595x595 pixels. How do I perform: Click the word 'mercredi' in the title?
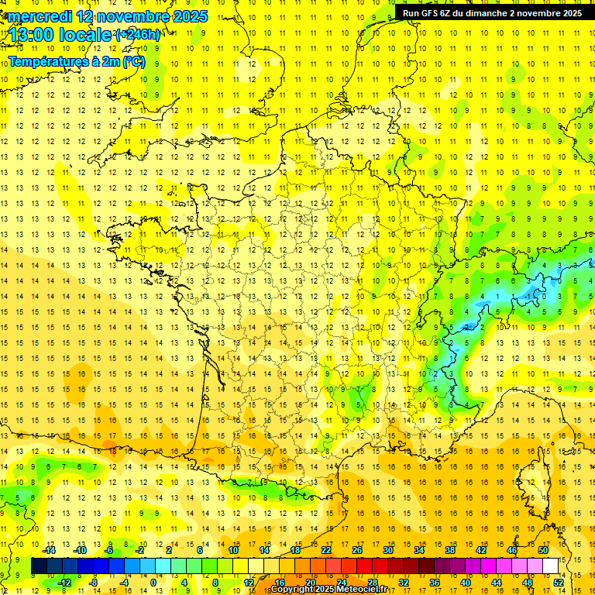point(40,16)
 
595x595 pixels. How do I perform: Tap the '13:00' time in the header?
point(31,35)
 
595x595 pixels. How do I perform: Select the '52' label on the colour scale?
point(558,582)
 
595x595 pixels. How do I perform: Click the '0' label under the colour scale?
point(153,582)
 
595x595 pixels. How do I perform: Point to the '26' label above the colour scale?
point(356,550)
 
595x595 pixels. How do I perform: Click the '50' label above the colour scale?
point(542,550)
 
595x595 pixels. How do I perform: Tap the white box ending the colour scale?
point(550,566)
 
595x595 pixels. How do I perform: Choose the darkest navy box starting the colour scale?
point(39,566)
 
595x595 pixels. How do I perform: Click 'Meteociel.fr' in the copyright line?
point(365,590)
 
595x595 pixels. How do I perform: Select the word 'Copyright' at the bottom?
point(292,590)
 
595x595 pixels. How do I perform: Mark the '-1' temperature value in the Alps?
point(528,296)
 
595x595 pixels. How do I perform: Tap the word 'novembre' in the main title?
point(132,16)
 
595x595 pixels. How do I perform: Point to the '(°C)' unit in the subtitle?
point(134,61)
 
